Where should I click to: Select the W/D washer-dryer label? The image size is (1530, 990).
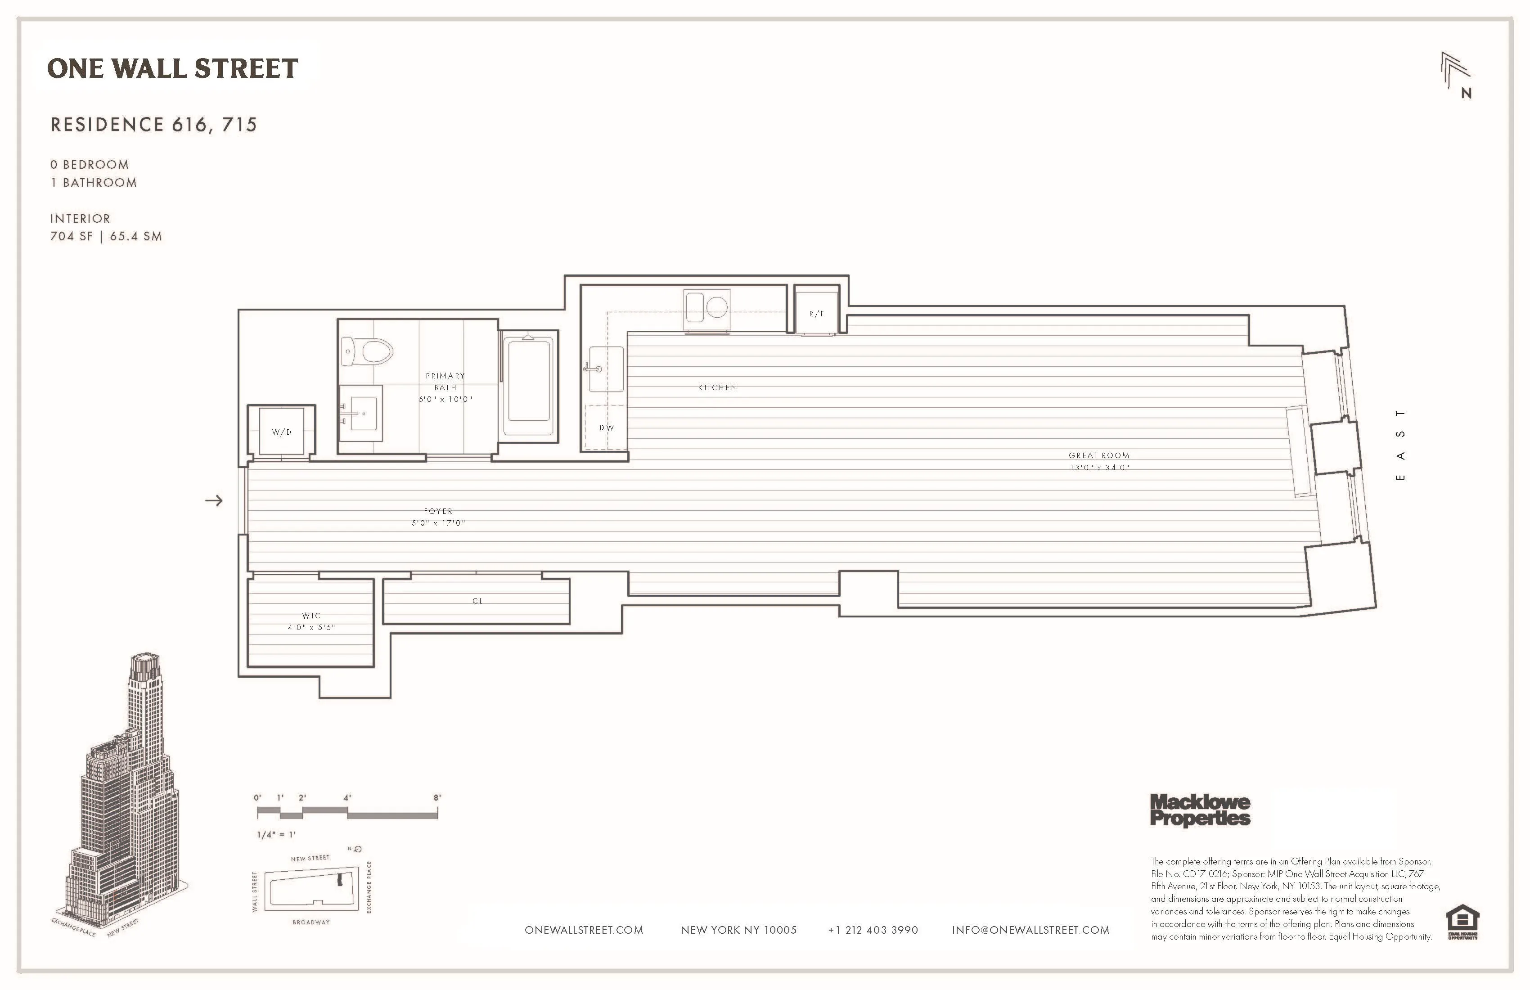coord(282,432)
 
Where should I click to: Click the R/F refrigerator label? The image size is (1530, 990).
coord(816,314)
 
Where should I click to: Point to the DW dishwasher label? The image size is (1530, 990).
coord(607,427)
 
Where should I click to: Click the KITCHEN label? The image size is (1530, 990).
coord(717,387)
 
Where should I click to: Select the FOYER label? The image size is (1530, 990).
coord(438,511)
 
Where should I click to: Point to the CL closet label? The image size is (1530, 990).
coord(477,601)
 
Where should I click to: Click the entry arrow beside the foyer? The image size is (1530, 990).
coord(214,500)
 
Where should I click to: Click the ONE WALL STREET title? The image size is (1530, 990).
coord(172,68)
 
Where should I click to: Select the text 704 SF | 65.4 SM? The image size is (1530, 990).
coord(106,236)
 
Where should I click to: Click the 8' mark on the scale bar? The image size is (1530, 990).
coord(437,798)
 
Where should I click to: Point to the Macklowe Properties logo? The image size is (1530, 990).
coord(1200,810)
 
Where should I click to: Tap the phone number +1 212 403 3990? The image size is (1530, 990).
coord(873,930)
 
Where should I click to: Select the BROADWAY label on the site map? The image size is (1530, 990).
coord(311,922)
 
